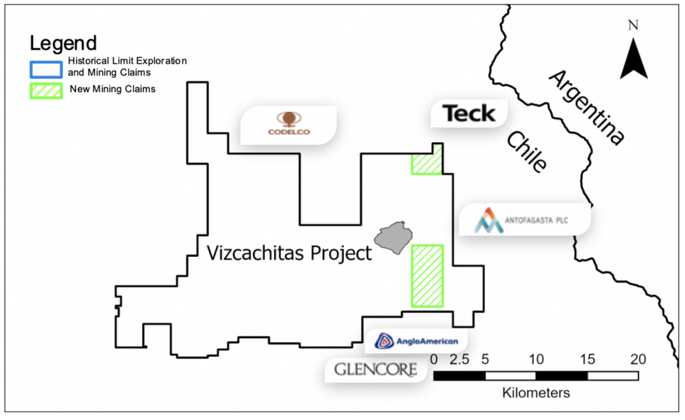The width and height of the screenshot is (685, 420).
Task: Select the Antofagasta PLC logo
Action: (524, 221)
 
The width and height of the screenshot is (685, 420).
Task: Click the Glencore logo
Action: (376, 369)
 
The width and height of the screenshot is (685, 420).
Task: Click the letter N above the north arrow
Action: (633, 26)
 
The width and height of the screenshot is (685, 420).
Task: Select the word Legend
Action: (63, 43)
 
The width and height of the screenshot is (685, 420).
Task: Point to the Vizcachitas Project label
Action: (289, 253)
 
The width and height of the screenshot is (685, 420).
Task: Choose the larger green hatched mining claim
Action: (427, 276)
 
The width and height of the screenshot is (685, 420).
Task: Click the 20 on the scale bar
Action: (637, 359)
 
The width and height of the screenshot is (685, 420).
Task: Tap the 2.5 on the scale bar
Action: (459, 359)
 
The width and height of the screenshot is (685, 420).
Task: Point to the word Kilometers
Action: (535, 393)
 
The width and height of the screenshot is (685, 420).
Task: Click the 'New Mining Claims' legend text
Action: (112, 90)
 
